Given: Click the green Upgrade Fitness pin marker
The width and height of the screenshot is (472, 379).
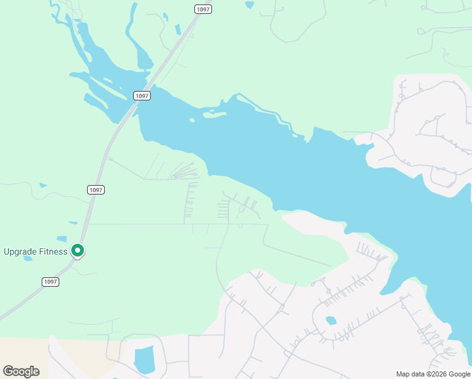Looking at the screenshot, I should coord(78,251).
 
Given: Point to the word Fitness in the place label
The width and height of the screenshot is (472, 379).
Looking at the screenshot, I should coord(52,252).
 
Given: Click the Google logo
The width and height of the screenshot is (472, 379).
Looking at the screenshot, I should coord(21,371).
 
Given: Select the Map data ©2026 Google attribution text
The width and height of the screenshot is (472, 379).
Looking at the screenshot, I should coord(433,374).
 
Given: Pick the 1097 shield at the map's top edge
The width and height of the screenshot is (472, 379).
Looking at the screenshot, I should coord(203,9).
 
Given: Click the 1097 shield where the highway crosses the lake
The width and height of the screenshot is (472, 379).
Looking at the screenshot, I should coord(142,95).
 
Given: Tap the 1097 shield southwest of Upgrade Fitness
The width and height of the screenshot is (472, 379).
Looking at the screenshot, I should coord(50,282).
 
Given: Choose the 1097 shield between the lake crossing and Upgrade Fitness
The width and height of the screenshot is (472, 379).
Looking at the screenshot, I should coord(95,189).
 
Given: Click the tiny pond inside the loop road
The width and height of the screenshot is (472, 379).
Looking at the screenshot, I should coord(331,320).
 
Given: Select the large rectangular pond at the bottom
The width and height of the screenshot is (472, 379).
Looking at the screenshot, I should coord(145,359).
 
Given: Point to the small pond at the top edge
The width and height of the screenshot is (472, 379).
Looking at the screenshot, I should coord(249,4).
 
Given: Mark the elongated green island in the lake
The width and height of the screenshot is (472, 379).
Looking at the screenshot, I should coord(215,115).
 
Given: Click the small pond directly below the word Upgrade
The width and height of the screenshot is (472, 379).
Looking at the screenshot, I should coord(28,258).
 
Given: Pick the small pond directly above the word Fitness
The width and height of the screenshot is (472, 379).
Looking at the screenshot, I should coord(61,239).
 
